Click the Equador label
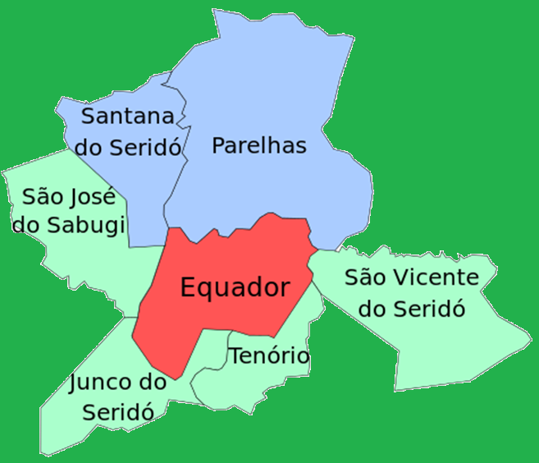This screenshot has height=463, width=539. (x=235, y=288)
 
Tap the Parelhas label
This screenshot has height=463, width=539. (x=258, y=146)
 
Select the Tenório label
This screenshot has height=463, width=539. (x=269, y=356)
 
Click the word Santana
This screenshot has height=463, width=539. (x=128, y=116)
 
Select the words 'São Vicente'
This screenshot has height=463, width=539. (x=411, y=277)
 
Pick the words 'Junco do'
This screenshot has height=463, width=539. (x=118, y=383)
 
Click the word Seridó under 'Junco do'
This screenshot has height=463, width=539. (x=118, y=412)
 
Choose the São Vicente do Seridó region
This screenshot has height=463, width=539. (x=459, y=345)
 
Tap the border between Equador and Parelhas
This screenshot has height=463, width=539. (x=246, y=229)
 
